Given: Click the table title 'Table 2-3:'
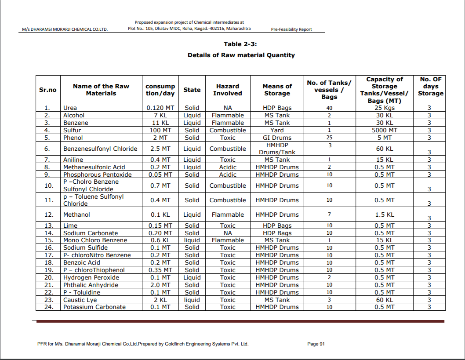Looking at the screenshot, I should tap(240, 44).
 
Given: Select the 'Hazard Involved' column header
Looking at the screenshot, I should tap(227, 90).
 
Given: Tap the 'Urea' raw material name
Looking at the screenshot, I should tap(70, 108).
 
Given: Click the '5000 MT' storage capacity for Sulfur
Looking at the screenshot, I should tap(384, 130).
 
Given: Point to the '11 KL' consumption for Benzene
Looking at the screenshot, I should tap(160, 123).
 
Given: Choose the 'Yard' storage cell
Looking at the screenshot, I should tap(277, 130).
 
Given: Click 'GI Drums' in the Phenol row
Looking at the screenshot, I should tap(277, 138).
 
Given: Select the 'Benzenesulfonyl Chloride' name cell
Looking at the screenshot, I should tap(101, 149).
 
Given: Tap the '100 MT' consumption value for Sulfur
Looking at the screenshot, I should tap(160, 130).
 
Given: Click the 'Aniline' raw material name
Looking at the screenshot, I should tap(73, 160).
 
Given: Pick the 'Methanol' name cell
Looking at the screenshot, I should tap(76, 215).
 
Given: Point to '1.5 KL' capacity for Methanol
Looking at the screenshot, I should tap(384, 215).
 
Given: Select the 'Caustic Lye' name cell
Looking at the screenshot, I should tap(80, 300).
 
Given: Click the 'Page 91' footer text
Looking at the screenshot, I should tap(316, 344).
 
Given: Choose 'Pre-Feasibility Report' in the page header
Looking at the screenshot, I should tap(292, 29).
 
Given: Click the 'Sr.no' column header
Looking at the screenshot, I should tap(48, 90).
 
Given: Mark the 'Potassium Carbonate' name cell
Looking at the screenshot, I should tap(94, 307).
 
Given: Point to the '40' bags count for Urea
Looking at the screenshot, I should tap(329, 108).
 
